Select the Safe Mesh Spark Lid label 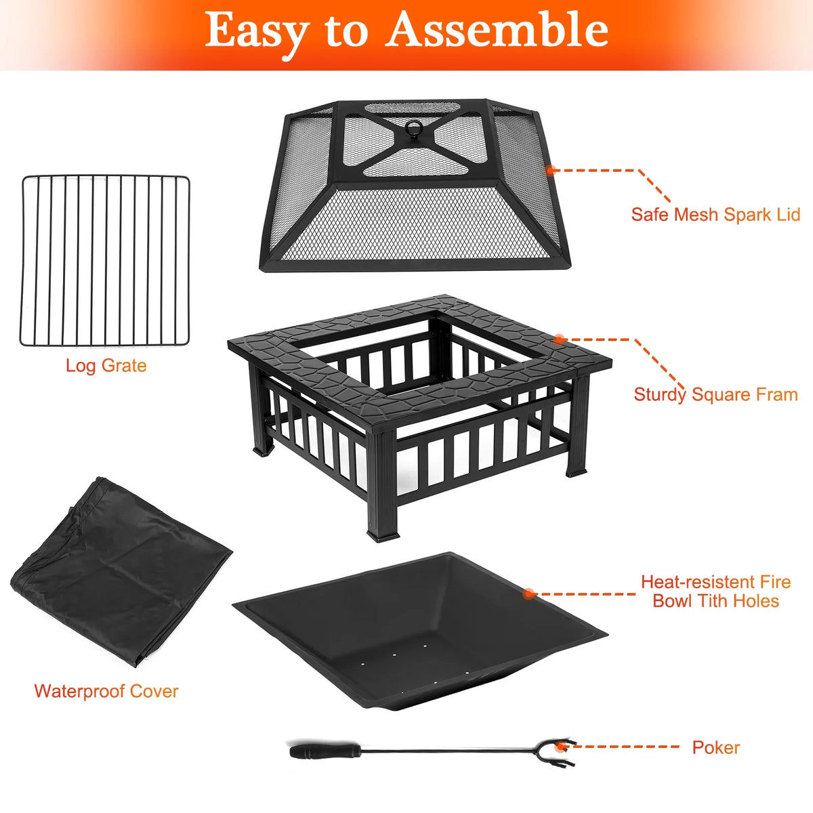[x=715, y=214]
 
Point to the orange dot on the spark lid [x=551, y=170]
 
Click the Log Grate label [x=106, y=366]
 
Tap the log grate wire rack [x=104, y=261]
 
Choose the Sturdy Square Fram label [x=715, y=395]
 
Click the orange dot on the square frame [x=560, y=339]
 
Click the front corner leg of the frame [x=383, y=485]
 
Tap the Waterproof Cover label [x=106, y=692]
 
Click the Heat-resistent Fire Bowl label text [x=715, y=591]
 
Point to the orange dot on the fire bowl [x=528, y=593]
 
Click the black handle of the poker [x=325, y=751]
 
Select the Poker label [x=716, y=747]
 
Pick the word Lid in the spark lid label [x=788, y=214]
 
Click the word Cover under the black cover [x=154, y=692]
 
